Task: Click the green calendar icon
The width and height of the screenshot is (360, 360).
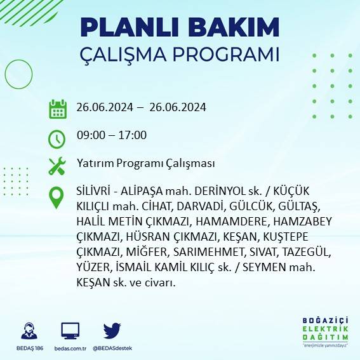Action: click(x=57, y=109)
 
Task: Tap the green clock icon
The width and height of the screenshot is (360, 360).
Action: click(x=57, y=137)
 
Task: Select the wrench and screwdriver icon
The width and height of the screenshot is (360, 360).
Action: click(x=57, y=166)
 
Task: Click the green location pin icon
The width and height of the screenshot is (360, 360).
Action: click(x=57, y=197)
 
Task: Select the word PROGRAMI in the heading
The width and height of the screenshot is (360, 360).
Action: click(x=230, y=55)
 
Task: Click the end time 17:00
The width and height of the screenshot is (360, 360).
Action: click(x=133, y=135)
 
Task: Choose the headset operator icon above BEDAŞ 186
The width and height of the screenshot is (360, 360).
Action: click(x=29, y=331)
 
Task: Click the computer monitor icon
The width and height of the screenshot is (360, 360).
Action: click(x=70, y=331)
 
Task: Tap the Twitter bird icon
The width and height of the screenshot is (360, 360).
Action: click(x=112, y=330)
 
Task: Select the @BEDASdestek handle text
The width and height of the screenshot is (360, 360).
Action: click(x=112, y=349)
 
